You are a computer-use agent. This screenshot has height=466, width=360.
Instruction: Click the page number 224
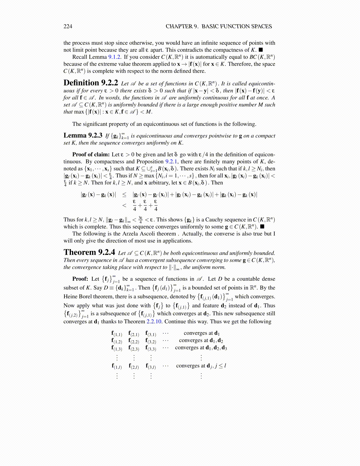click(68, 26)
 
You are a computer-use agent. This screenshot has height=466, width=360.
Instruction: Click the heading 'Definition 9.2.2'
click(91, 83)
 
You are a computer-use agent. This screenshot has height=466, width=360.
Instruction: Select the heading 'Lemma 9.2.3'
click(83, 135)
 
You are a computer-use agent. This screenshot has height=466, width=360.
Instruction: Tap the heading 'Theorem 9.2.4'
click(89, 252)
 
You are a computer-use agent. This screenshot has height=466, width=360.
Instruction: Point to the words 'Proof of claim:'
click(91, 154)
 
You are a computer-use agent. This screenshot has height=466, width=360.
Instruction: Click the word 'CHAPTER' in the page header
click(179, 26)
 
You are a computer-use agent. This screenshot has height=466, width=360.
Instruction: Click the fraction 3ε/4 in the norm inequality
click(141, 220)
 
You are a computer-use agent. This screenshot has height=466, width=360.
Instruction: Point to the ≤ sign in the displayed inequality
click(124, 195)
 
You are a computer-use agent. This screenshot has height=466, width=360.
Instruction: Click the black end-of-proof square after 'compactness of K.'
click(260, 50)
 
